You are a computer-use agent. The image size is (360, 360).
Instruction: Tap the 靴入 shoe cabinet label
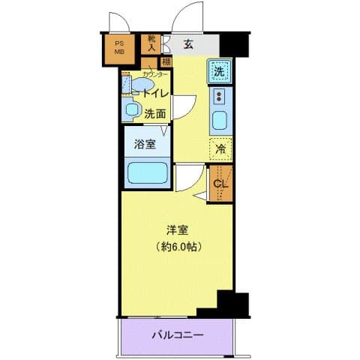[x=151, y=43]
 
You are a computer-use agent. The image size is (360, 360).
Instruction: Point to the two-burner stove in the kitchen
[x=220, y=97]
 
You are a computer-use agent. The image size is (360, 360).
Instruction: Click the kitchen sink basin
[x=220, y=120]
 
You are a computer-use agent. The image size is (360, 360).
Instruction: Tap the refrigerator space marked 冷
[x=220, y=148]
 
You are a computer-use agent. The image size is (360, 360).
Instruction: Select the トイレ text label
[x=156, y=94]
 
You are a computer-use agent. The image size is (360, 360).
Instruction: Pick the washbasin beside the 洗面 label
[x=132, y=111]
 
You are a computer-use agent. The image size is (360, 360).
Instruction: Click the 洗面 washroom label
[x=155, y=114]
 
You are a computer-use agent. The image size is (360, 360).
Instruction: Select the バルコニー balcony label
[x=177, y=334]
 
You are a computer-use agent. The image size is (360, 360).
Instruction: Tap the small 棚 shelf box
[x=166, y=61]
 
